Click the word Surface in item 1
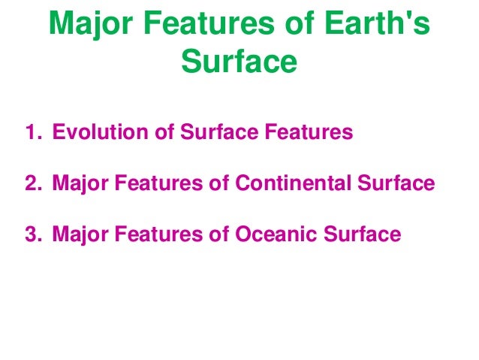(x=218, y=134)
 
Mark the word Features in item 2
(x=158, y=184)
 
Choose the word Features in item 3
(x=158, y=234)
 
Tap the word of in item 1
(x=164, y=134)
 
